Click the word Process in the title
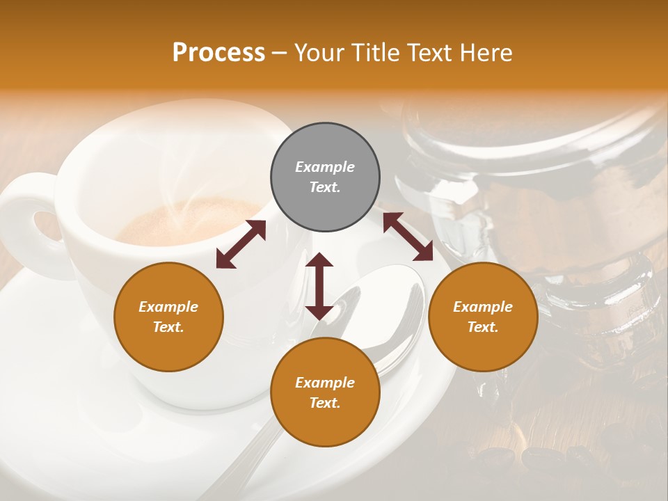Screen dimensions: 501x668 click(218, 53)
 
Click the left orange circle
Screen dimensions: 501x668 click(168, 317)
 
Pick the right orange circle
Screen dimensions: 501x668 click(483, 317)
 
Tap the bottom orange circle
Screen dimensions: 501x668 click(325, 392)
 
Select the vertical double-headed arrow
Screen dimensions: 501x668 click(319, 286)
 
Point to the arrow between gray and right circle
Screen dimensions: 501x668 click(408, 237)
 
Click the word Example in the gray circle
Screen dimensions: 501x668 click(325, 167)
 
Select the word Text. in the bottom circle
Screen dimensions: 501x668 click(325, 403)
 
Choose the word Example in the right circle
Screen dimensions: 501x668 click(483, 307)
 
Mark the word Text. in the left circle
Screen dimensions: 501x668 click(168, 327)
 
